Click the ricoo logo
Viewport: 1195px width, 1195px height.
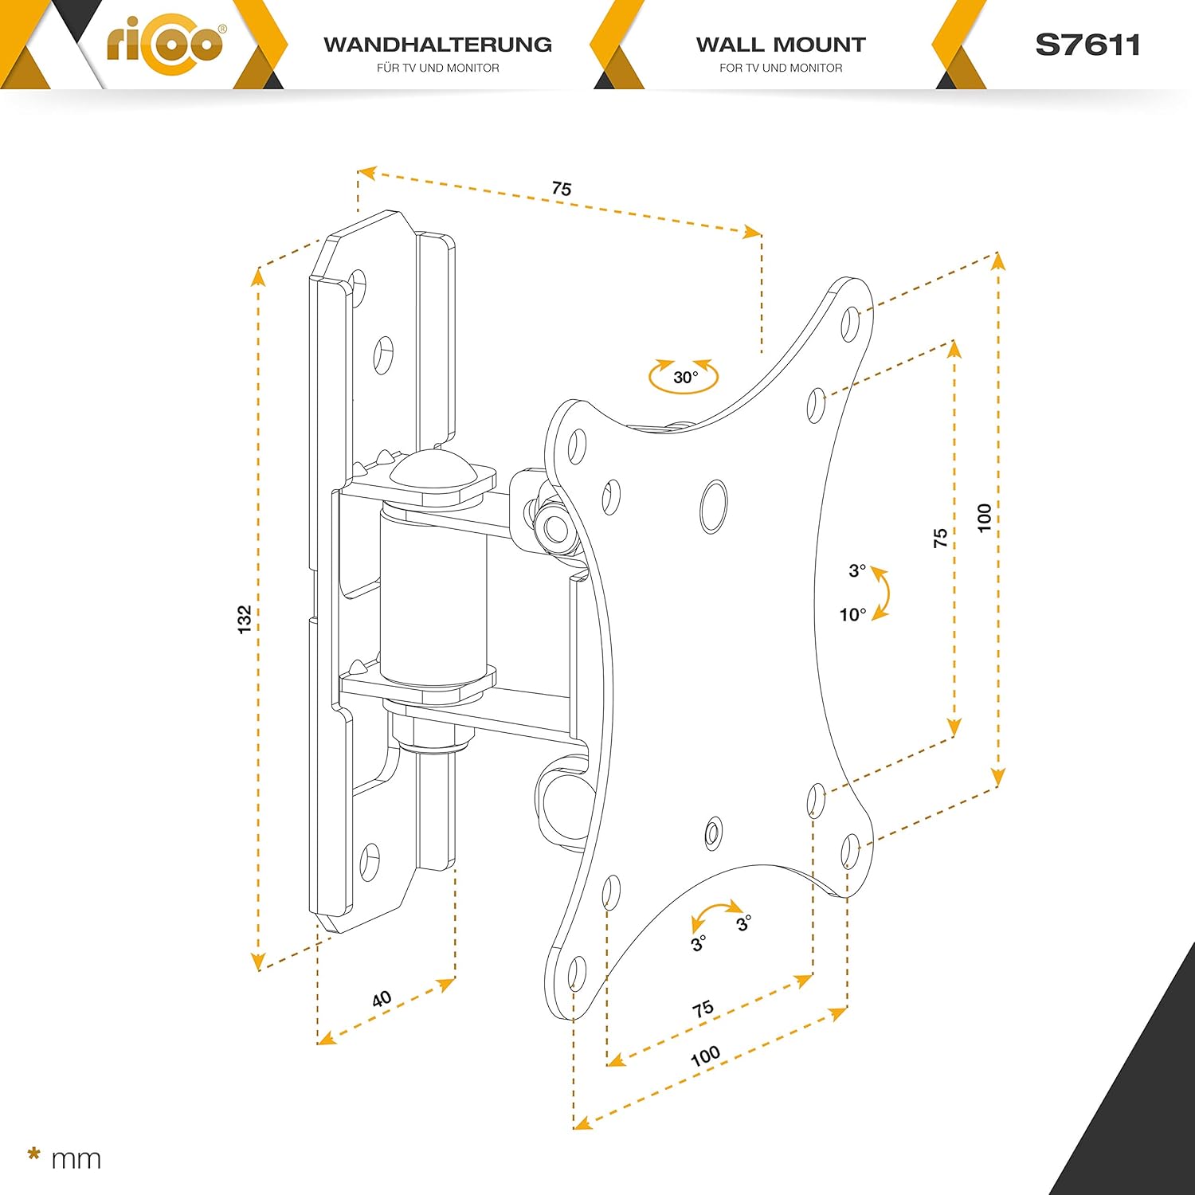[x=165, y=43]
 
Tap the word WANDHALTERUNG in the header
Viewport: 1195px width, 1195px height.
[x=438, y=45]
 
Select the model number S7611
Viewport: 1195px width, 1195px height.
[x=1087, y=45]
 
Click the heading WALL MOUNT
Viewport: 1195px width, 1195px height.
[x=781, y=45]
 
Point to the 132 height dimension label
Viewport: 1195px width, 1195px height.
[x=245, y=619]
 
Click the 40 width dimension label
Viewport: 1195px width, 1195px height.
[x=382, y=998]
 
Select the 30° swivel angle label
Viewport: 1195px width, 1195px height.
[x=685, y=377]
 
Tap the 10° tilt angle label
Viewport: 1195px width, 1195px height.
[x=852, y=614]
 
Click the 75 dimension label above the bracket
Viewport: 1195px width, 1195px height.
[x=562, y=189]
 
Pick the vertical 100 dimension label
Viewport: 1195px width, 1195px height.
[x=985, y=518]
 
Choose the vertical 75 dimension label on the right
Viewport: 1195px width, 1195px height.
[x=941, y=538]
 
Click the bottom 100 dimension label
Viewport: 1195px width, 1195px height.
[x=705, y=1056]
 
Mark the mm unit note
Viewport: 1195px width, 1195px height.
[x=76, y=1159]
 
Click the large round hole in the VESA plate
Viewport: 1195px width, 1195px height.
[x=713, y=506]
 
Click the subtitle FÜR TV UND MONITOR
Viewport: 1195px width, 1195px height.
[x=438, y=68]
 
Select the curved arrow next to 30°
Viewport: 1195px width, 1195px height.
[x=684, y=377]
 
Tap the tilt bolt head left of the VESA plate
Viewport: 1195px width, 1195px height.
[x=551, y=527]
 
